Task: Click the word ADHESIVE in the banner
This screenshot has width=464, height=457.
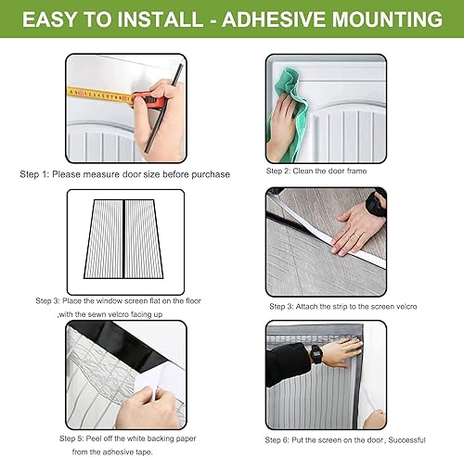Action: point(275,19)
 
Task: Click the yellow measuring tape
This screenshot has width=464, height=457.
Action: point(100,95)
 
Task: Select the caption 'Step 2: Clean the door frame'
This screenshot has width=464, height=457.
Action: point(316,171)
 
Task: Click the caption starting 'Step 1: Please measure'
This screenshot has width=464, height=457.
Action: point(125,174)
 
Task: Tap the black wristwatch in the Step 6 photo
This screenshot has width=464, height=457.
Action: point(316,354)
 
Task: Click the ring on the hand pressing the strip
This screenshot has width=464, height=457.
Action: point(356,235)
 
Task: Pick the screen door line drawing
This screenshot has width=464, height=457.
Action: point(123,239)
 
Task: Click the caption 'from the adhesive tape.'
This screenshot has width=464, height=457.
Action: point(112,452)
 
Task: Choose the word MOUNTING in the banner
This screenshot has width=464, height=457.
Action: point(388,19)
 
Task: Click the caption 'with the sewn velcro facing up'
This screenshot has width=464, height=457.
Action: point(110,314)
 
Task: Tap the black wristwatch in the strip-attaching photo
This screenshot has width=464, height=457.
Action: point(375,204)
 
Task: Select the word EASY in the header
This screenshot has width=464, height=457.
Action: point(49,19)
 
